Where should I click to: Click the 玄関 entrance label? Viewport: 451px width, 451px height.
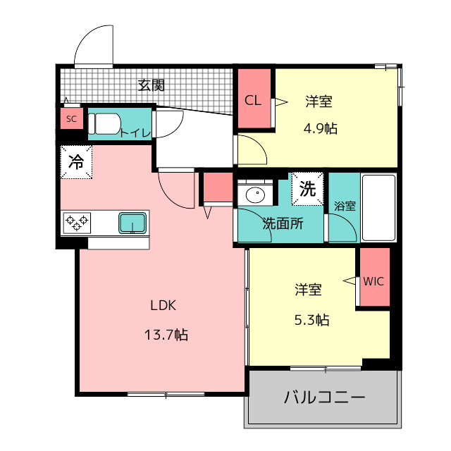point(151,85)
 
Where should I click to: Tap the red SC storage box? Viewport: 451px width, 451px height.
point(72,118)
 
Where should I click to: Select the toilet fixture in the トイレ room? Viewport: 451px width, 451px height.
point(104,124)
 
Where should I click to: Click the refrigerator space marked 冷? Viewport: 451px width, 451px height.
point(76,162)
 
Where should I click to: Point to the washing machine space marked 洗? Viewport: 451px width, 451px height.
point(308,189)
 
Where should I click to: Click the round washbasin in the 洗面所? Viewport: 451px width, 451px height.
point(255,194)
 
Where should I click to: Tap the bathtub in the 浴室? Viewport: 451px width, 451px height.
point(379,207)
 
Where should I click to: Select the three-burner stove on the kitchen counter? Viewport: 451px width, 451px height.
point(77,223)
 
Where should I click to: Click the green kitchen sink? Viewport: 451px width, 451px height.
point(132,223)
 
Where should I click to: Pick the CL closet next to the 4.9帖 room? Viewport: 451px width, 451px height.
point(254,99)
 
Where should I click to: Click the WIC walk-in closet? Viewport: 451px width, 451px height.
point(375,277)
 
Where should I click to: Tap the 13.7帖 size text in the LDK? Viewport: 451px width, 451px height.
point(166,335)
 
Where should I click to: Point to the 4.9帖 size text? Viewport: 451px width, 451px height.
point(321,128)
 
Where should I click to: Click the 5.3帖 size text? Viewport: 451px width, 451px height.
point(311,319)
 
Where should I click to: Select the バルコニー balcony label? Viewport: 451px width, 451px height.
point(324,397)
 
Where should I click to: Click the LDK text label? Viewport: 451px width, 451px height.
point(163,305)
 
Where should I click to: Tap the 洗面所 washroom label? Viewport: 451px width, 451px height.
point(283,223)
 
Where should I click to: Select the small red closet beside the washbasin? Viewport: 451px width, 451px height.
point(218,187)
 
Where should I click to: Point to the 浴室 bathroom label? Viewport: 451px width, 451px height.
point(345,206)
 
